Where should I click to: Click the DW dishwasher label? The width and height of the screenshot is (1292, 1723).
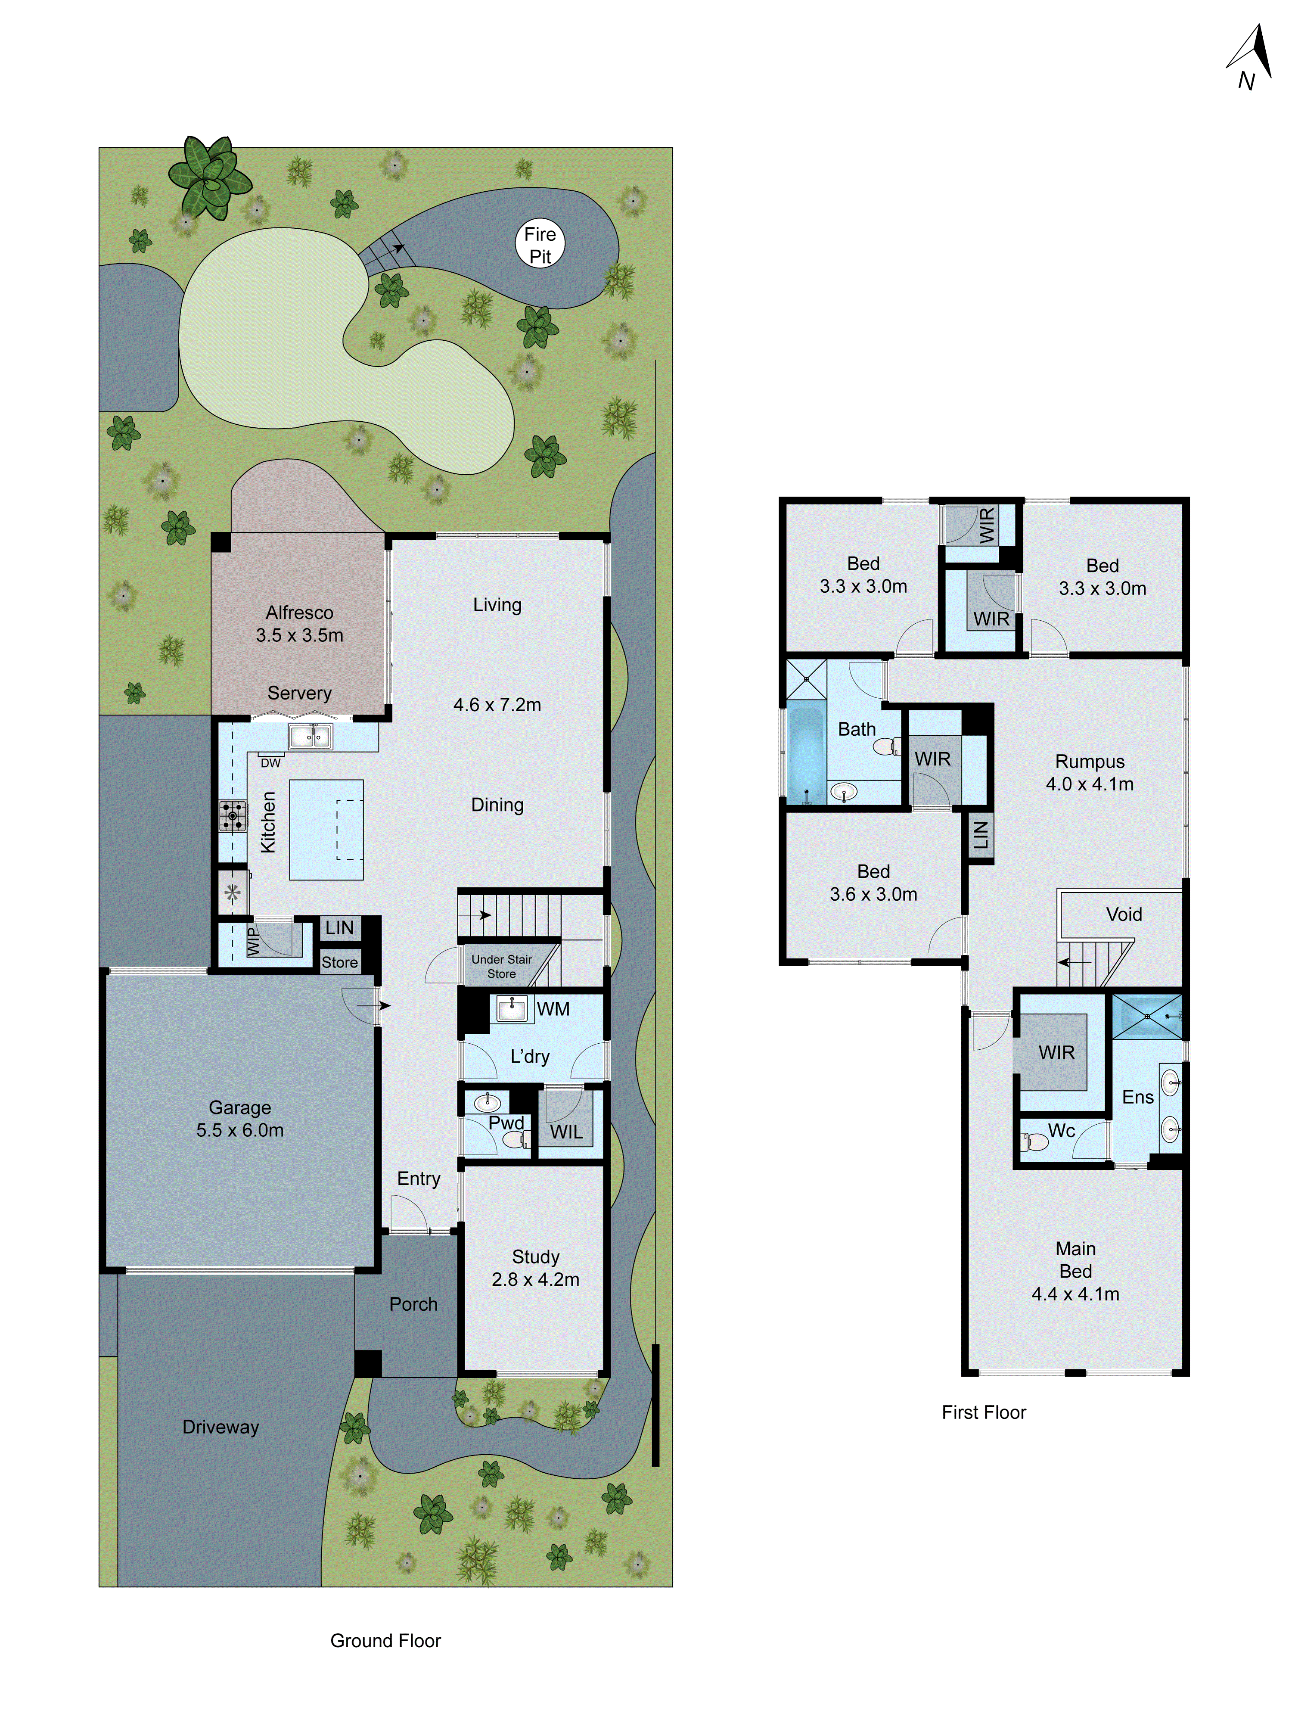click(270, 762)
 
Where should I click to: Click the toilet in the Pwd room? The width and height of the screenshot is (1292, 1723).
click(516, 1140)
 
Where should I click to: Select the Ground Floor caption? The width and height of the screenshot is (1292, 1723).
click(385, 1640)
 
